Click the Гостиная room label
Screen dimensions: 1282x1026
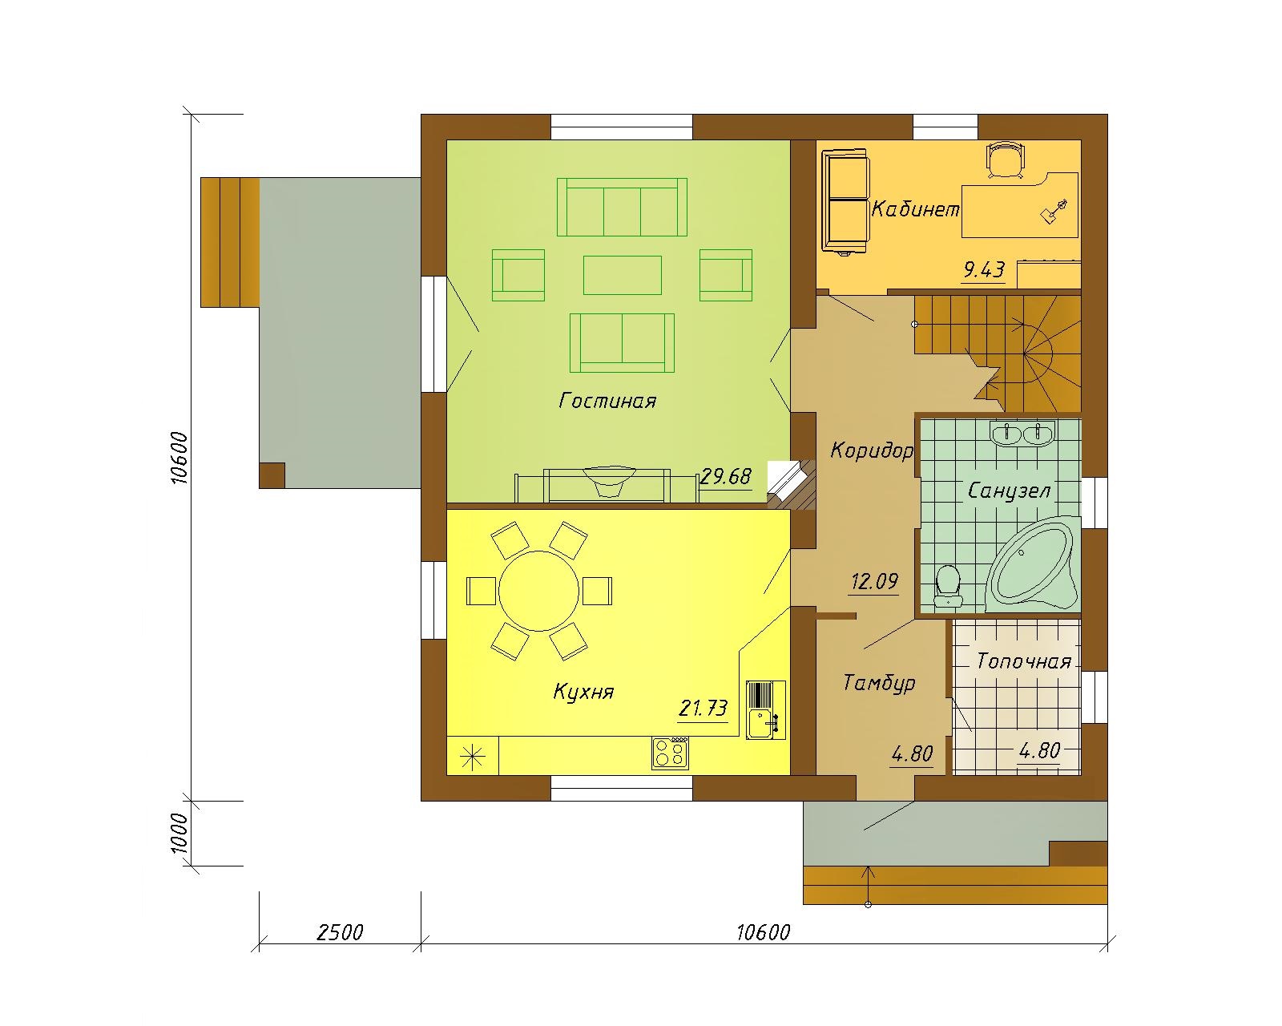pos(607,401)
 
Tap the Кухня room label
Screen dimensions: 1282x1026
pos(583,692)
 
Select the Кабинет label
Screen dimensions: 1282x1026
pos(916,209)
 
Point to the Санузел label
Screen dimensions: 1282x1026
pos(1009,491)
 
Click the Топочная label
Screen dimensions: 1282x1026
pos(1024,661)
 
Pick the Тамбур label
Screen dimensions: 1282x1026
pos(879,683)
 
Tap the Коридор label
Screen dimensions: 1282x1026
pos(872,450)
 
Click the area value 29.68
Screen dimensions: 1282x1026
pos(726,476)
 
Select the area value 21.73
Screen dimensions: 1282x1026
pos(703,709)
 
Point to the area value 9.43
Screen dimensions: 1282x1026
pos(984,270)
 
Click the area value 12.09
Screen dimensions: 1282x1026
pos(874,580)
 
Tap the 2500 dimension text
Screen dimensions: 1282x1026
pos(340,931)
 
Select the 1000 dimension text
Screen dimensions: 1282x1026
pos(179,833)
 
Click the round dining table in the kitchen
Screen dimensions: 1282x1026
pos(538,591)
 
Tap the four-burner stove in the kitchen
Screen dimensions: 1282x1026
pos(670,753)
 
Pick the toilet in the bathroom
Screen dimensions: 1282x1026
pos(949,586)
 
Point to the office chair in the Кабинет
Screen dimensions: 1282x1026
pos(1006,160)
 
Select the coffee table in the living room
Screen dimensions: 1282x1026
pos(622,275)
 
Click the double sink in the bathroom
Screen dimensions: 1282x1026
pos(1022,432)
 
